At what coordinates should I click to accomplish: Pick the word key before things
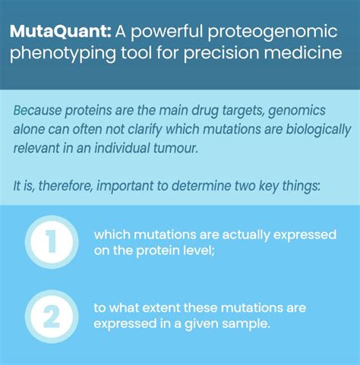tap(276, 185)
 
